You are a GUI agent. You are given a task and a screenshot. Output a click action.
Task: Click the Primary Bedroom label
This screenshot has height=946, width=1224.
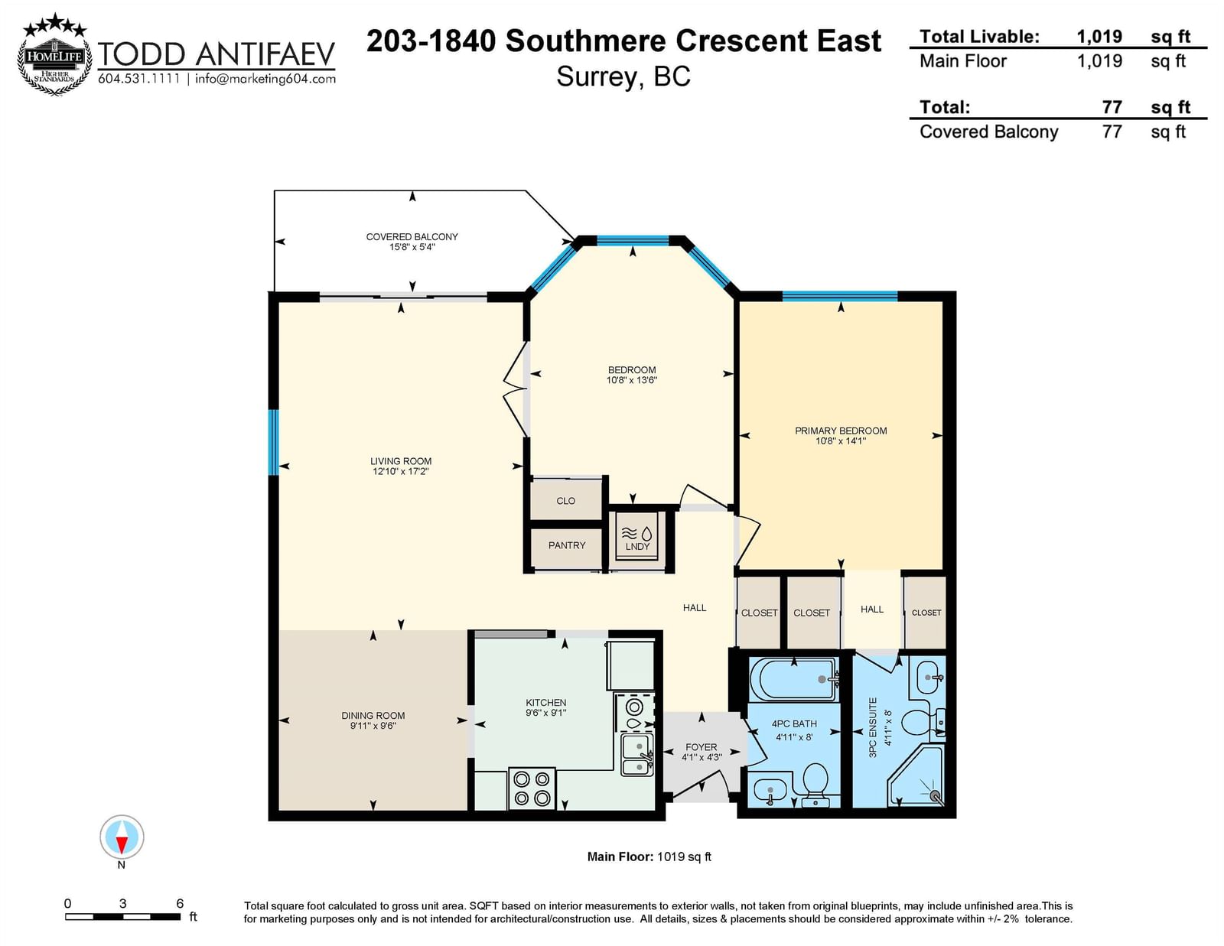pos(841,431)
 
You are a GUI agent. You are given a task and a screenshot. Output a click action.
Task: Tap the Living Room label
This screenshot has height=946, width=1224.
pos(401,461)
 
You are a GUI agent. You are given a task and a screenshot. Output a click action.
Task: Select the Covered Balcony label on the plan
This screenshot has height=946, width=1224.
pos(412,237)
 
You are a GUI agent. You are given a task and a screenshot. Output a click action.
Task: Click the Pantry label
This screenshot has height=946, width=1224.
pos(567,545)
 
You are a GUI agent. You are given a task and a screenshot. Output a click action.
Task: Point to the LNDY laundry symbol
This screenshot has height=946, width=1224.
pos(637,539)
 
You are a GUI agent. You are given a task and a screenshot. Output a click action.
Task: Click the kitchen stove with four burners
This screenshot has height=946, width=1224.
pos(532,788)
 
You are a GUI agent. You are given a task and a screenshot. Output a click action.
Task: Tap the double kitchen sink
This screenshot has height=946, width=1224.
pos(637,755)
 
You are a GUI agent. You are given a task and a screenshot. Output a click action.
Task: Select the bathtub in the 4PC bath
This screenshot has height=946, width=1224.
pos(793,678)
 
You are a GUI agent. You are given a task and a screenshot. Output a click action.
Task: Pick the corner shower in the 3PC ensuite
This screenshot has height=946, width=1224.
pos(916,776)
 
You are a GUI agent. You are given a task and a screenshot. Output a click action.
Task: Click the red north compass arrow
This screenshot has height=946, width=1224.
pos(122,844)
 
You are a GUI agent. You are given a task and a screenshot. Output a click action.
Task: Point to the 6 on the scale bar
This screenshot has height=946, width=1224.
pos(180,904)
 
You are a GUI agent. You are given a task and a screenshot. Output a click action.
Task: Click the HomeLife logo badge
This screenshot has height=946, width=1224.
pos(54,54)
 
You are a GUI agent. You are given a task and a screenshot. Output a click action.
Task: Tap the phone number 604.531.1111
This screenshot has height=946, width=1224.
pos(139,79)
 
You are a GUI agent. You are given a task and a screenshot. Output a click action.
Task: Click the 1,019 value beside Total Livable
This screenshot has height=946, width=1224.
pos(1099,37)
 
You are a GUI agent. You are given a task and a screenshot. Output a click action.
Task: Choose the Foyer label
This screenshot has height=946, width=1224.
pos(702,746)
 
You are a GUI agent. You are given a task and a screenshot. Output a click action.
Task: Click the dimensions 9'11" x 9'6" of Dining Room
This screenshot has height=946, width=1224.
pos(373,726)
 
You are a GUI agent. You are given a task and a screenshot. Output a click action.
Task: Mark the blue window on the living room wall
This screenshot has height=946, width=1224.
pos(273,443)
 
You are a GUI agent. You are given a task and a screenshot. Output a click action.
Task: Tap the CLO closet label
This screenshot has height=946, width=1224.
pos(565,501)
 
